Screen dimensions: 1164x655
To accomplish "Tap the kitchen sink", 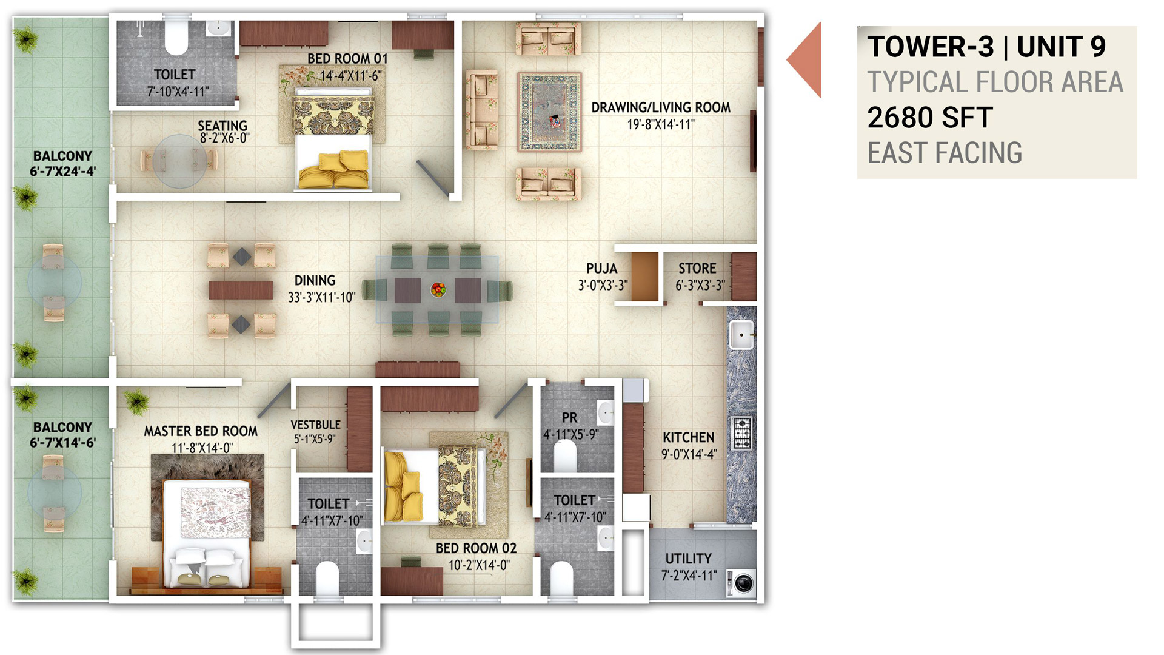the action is [x=742, y=335].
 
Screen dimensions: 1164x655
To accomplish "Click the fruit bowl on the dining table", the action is [x=438, y=290].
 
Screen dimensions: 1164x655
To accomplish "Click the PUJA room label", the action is [x=601, y=269].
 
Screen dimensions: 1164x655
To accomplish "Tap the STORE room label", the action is [x=697, y=268].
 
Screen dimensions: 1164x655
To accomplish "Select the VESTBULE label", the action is [x=315, y=425].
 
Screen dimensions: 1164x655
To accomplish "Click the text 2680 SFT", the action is [x=930, y=118].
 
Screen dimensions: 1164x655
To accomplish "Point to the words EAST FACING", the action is [x=945, y=153].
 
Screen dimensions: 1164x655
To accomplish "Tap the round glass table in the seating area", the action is [x=179, y=161].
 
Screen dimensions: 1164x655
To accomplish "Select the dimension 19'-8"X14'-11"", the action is [x=661, y=124].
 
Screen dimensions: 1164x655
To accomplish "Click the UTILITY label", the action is [x=689, y=559].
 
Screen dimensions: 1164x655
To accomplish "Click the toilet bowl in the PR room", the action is [x=564, y=455].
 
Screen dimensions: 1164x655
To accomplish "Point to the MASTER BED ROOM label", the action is [x=201, y=431].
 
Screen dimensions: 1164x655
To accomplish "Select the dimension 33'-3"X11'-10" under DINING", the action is [x=321, y=297].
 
